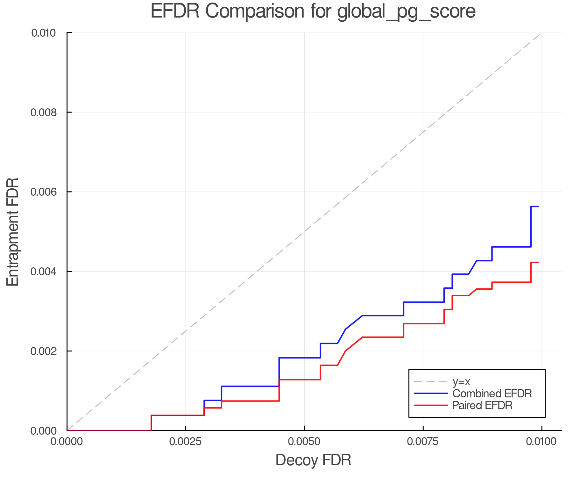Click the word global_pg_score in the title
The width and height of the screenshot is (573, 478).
point(406,12)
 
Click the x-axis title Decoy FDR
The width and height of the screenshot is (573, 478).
point(313,460)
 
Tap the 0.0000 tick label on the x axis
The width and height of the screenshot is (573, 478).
point(67,442)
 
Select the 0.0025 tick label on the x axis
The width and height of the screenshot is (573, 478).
point(186,442)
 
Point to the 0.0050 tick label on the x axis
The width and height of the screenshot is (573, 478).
point(304,442)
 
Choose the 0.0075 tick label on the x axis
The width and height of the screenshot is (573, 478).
point(423,442)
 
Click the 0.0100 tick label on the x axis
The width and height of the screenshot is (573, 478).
point(541,442)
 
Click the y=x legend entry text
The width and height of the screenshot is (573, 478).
point(461,381)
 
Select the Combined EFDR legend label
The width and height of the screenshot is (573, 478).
point(492,394)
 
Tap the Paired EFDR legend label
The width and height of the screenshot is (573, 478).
point(482,405)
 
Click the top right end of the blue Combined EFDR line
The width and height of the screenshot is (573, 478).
point(538,206)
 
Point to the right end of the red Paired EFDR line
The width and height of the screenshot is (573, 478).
point(538,262)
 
